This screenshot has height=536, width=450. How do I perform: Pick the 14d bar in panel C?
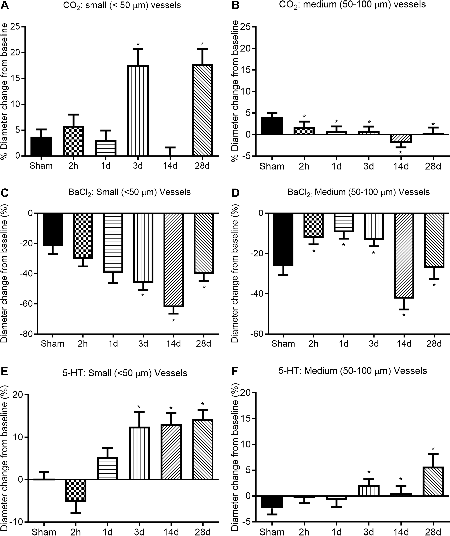click(x=173, y=260)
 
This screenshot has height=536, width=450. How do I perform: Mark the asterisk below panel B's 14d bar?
click(x=400, y=152)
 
